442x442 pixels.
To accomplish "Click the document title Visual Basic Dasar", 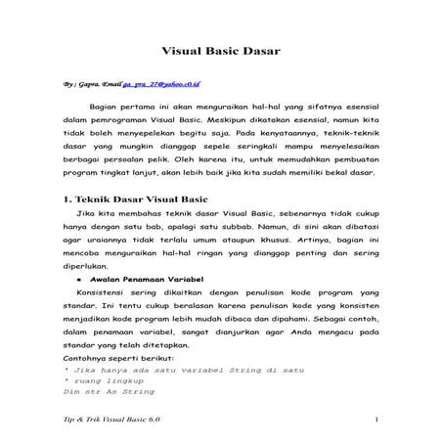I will (x=220, y=48).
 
